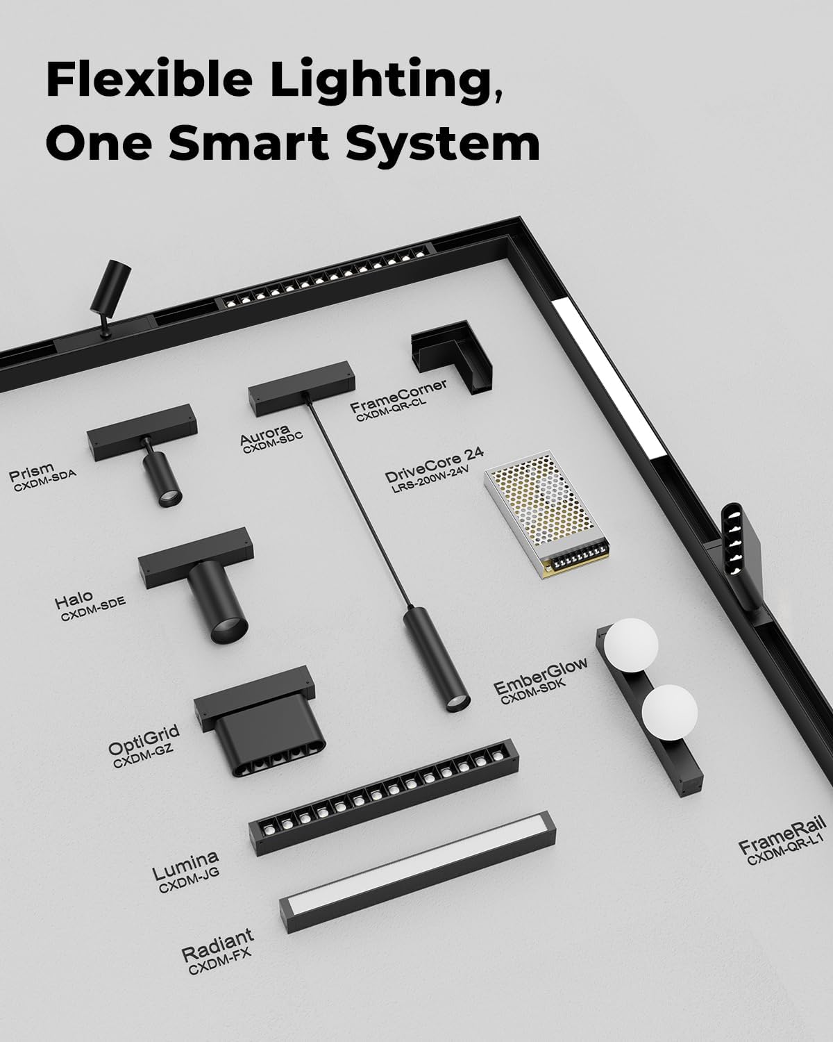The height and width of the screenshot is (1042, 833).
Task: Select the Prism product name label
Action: point(31,471)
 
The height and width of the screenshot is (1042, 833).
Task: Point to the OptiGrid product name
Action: point(144,739)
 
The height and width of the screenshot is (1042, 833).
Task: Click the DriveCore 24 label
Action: point(434,465)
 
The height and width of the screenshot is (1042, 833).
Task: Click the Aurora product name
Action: point(264,434)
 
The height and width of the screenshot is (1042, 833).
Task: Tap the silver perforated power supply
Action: point(547,515)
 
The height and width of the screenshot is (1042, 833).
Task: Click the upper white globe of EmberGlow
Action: point(630,645)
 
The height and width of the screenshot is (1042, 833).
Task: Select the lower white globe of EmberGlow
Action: point(670,712)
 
